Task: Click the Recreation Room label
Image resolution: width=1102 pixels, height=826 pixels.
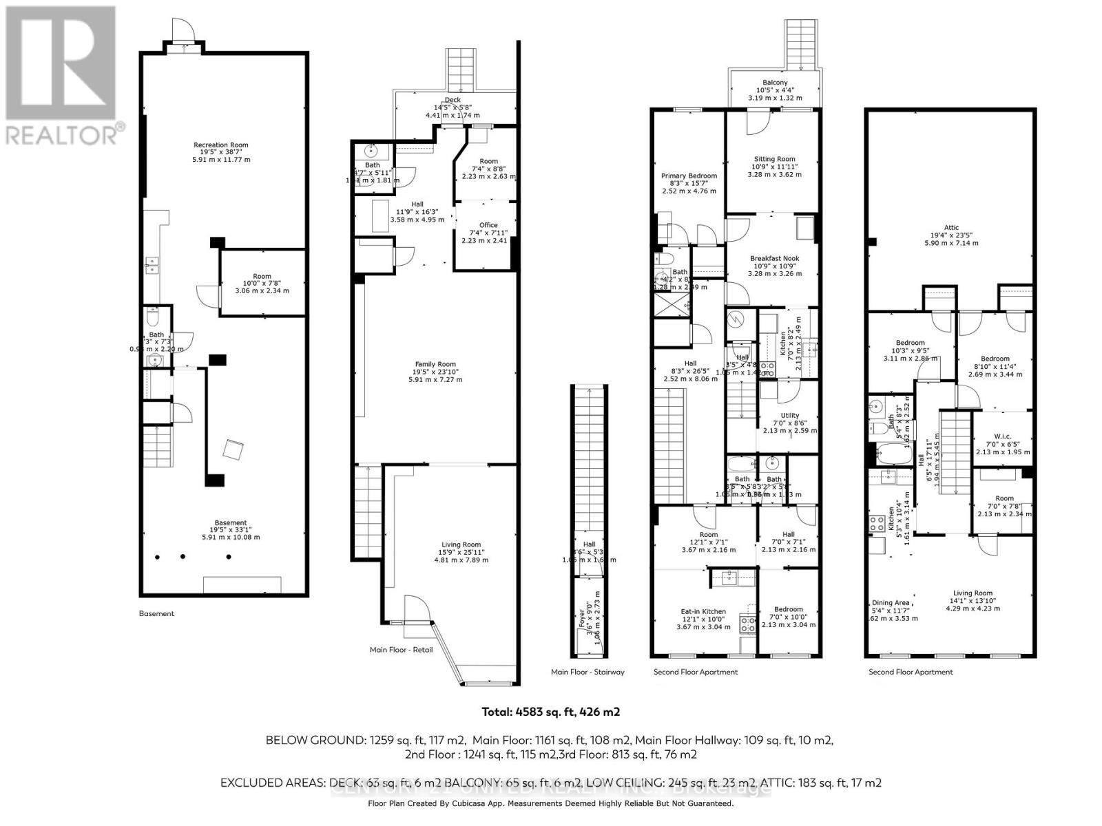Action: pyautogui.click(x=220, y=145)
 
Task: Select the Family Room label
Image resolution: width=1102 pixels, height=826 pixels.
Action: pyautogui.click(x=435, y=365)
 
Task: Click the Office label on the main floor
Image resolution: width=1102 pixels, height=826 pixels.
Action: pyautogui.click(x=488, y=225)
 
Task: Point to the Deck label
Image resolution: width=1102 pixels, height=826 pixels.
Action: pyautogui.click(x=453, y=100)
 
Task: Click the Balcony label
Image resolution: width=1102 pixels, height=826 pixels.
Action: pyautogui.click(x=775, y=83)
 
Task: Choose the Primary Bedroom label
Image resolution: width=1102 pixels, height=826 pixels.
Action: pyautogui.click(x=689, y=176)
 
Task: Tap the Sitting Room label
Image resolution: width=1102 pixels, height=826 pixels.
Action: pyautogui.click(x=775, y=159)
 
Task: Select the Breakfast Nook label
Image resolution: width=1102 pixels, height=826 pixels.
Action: pyautogui.click(x=775, y=259)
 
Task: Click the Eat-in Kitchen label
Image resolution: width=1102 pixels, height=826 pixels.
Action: pyautogui.click(x=703, y=611)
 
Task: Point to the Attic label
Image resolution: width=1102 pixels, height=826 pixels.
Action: pyautogui.click(x=951, y=228)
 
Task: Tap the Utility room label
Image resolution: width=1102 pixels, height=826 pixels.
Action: pyautogui.click(x=790, y=416)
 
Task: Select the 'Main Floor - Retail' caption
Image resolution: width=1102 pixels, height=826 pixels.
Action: pyautogui.click(x=402, y=649)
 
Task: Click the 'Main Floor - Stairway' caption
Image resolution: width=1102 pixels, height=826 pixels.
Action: pyautogui.click(x=588, y=672)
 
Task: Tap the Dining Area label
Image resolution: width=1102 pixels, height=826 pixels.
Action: pyautogui.click(x=890, y=603)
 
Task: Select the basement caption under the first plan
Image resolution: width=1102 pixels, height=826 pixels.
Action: pyautogui.click(x=156, y=613)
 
